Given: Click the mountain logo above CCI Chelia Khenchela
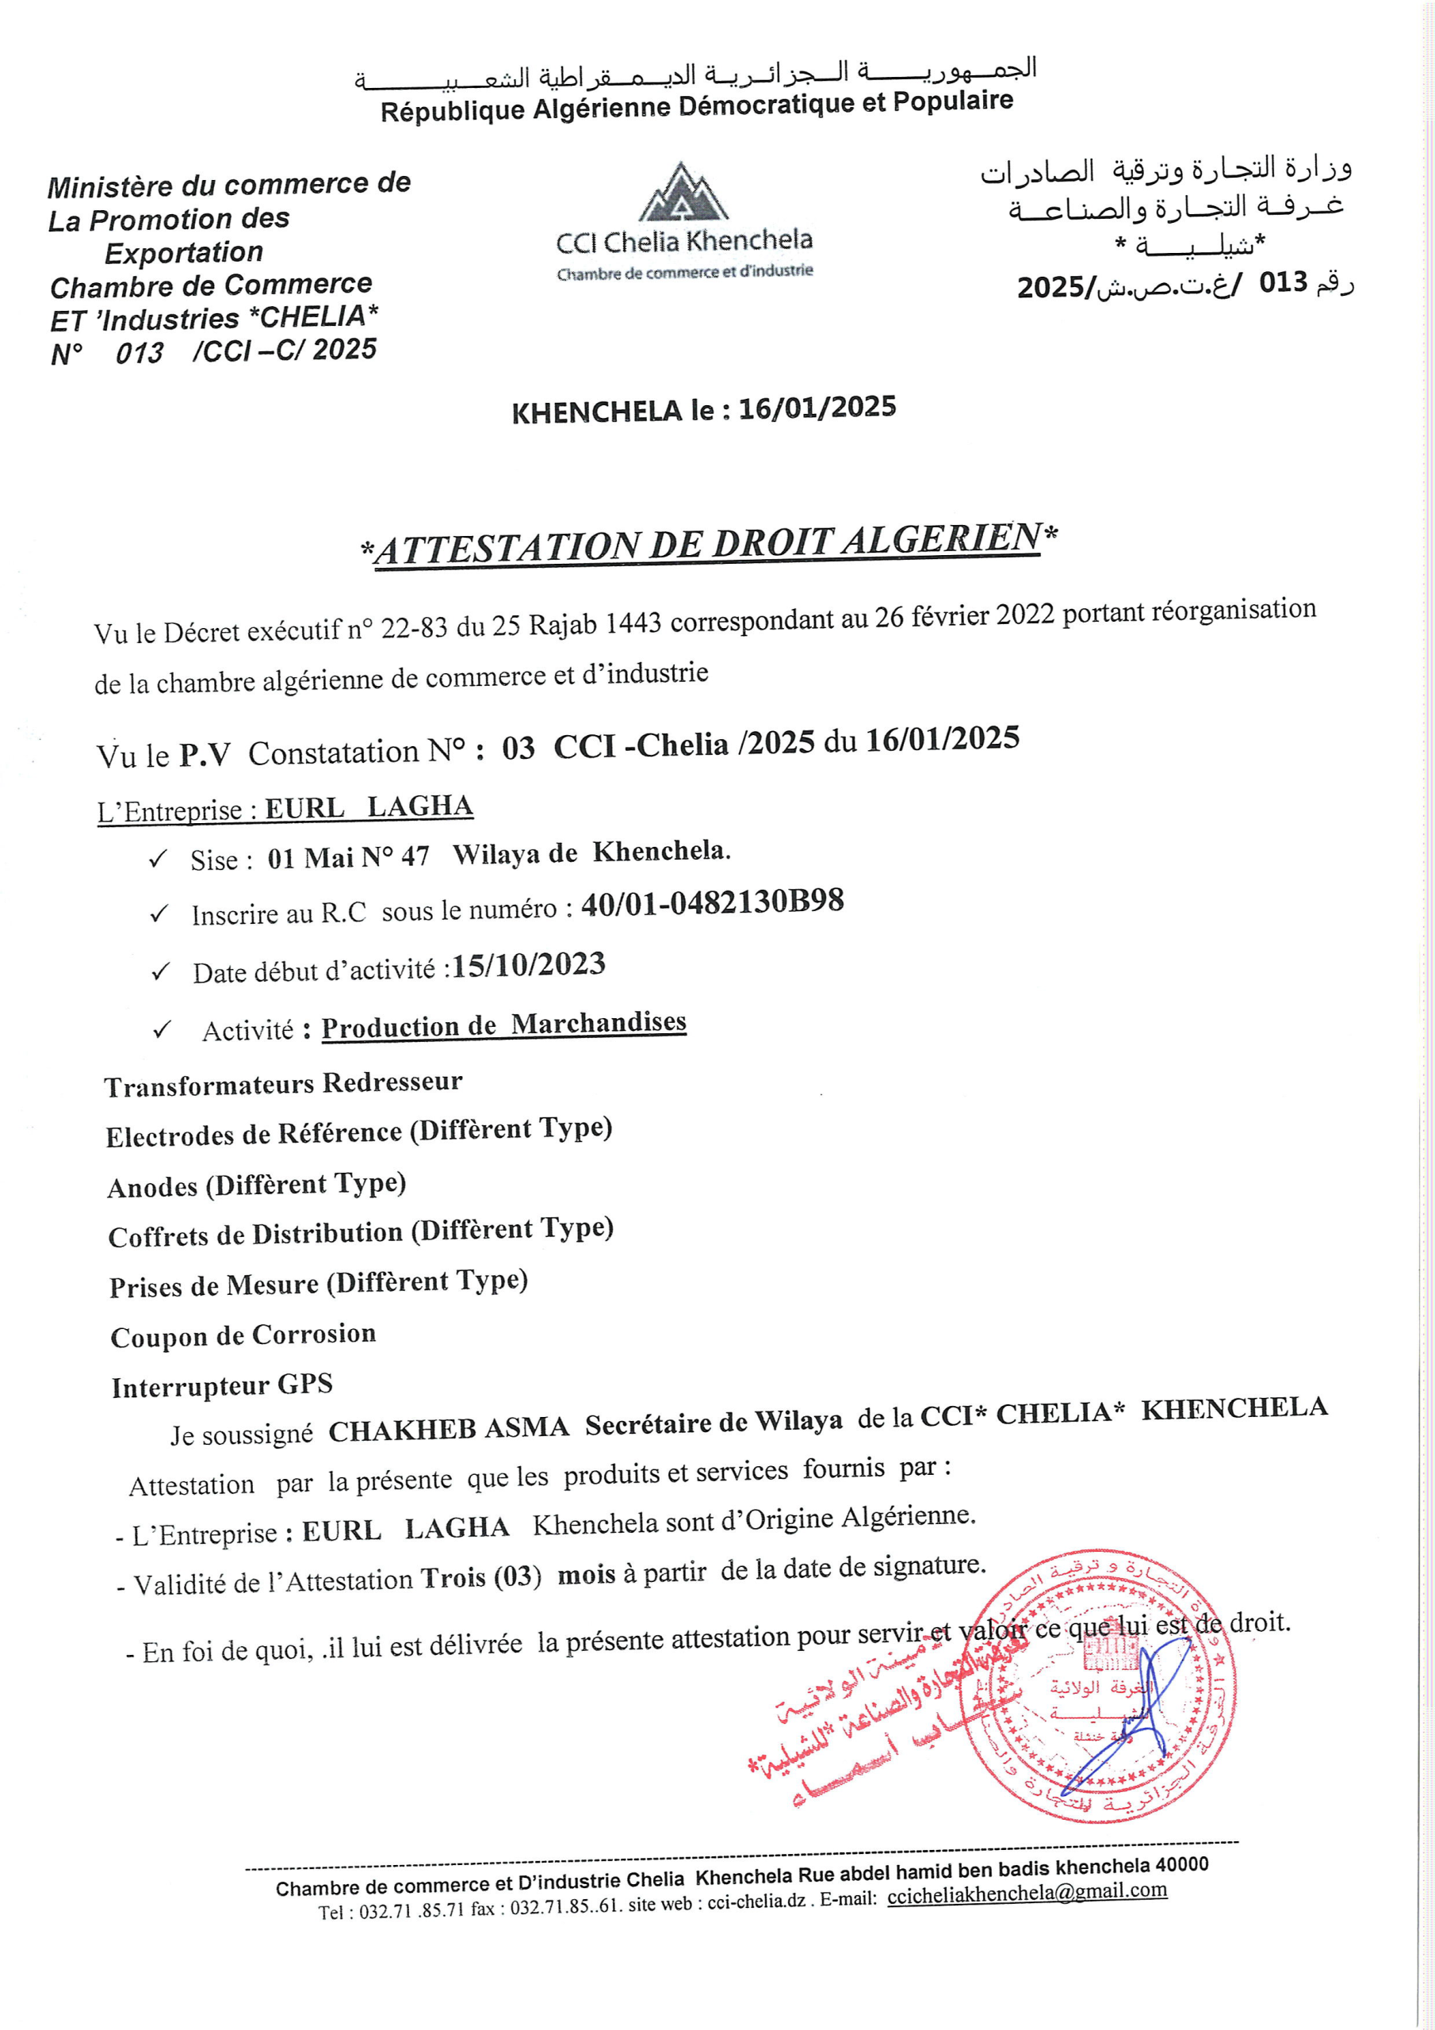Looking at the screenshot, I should [x=683, y=192].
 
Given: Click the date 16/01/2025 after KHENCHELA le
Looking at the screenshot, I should [x=817, y=408].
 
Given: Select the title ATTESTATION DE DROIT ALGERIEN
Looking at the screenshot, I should [x=708, y=543].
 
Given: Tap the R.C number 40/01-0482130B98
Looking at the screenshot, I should [x=713, y=902].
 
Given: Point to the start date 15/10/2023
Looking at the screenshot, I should [x=529, y=964].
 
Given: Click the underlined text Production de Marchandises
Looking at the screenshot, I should [x=504, y=1025].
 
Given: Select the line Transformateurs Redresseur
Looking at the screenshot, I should [x=284, y=1084].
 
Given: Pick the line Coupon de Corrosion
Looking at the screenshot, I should [x=243, y=1335].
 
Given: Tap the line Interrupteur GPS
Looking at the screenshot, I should [x=222, y=1385].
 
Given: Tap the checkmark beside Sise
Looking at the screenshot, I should [x=159, y=860].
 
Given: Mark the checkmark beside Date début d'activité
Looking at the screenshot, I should [x=160, y=972].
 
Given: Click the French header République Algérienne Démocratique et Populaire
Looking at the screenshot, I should [x=697, y=107].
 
